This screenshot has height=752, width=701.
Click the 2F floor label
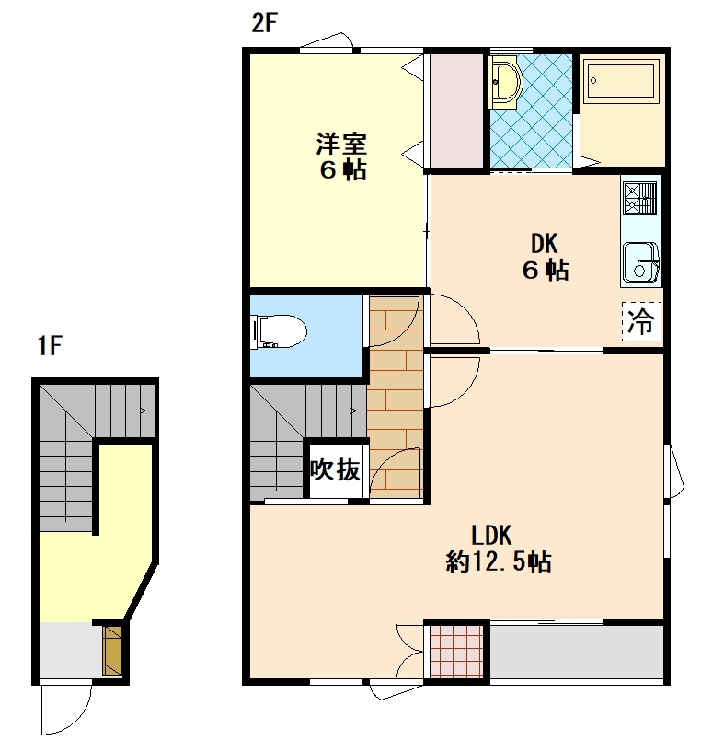[x=265, y=22]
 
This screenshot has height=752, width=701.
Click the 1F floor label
[x=50, y=345]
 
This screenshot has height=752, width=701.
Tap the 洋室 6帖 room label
[x=341, y=156]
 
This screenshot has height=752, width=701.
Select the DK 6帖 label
[x=546, y=257]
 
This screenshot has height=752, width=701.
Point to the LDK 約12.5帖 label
[x=499, y=549]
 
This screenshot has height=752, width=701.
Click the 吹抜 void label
[x=335, y=470]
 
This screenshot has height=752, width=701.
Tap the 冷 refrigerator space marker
[x=641, y=321]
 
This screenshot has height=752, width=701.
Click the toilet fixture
[x=279, y=331]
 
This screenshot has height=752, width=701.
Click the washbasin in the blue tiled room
[x=506, y=83]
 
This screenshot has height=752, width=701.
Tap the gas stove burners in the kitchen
[x=639, y=198]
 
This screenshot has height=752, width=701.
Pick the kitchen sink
[x=640, y=262]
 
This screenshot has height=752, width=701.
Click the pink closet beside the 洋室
[x=456, y=111]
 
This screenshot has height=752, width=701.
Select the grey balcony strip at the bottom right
[x=576, y=652]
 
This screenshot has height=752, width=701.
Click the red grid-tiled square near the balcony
[x=456, y=652]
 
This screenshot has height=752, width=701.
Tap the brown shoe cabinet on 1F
[x=112, y=651]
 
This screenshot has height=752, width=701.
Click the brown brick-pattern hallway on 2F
[x=396, y=397]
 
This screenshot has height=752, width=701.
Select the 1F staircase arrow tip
[x=145, y=411]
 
